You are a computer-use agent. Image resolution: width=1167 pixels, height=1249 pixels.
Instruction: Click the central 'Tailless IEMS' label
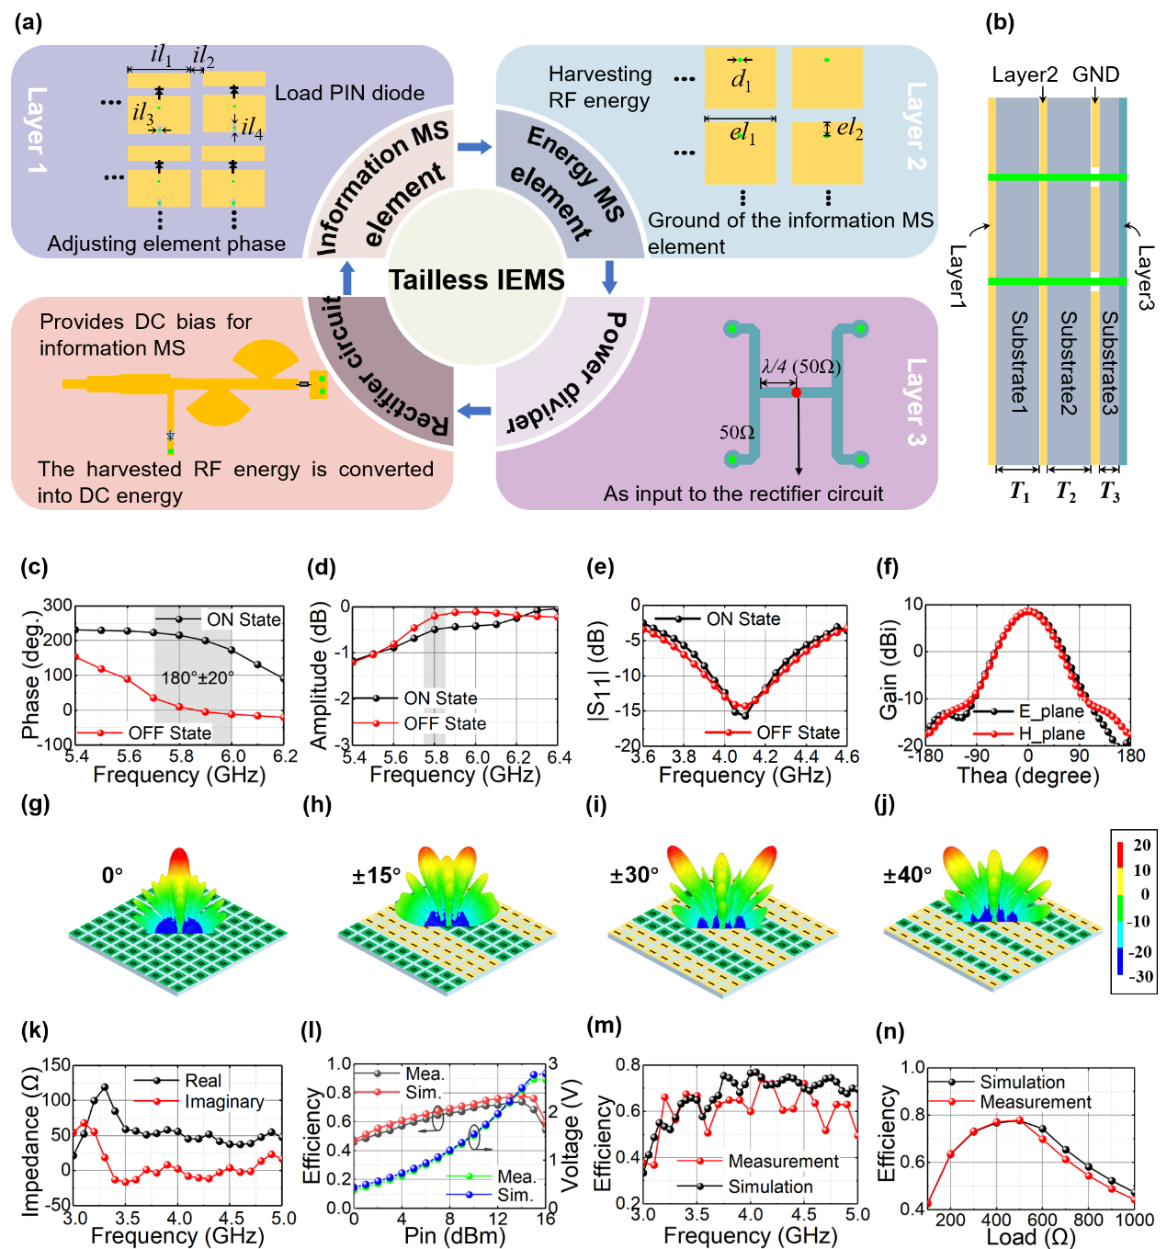[x=476, y=279]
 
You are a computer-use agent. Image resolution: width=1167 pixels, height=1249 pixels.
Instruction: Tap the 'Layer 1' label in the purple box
[x=37, y=130]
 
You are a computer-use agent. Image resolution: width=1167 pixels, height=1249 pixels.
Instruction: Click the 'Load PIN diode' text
[x=349, y=93]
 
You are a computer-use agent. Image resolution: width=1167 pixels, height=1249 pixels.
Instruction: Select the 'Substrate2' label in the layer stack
[x=1068, y=363]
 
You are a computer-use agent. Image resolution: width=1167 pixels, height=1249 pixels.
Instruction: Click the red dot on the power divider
[x=796, y=392]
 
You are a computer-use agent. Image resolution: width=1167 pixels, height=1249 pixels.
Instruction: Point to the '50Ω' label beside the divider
[x=737, y=432]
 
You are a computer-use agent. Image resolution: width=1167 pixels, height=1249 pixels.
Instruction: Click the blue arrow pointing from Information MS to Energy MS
[x=474, y=147]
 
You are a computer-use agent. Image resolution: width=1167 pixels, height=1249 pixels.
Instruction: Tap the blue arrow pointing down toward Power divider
[x=609, y=277]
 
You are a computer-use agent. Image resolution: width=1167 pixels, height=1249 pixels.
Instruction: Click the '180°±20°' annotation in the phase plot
[x=198, y=677]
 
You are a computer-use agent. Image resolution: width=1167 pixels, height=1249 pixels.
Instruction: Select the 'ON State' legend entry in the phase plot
[x=243, y=619]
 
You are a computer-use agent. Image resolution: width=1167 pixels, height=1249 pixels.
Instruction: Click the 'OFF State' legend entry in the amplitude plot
[x=445, y=723]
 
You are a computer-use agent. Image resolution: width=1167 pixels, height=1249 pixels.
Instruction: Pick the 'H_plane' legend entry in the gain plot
[x=1051, y=733]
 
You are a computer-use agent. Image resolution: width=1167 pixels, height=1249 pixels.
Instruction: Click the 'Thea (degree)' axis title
[x=1027, y=776]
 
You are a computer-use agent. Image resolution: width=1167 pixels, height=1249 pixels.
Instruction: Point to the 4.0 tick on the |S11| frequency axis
[x=725, y=756]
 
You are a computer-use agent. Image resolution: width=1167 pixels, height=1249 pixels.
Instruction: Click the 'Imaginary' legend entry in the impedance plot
[x=223, y=1101]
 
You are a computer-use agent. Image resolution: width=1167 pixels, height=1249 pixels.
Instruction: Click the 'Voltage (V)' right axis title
[x=571, y=1136]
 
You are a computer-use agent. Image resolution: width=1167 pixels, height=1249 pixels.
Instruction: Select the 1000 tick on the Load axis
[x=1134, y=1220]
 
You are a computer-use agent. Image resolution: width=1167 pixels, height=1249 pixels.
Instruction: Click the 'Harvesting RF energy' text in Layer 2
[x=599, y=87]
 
